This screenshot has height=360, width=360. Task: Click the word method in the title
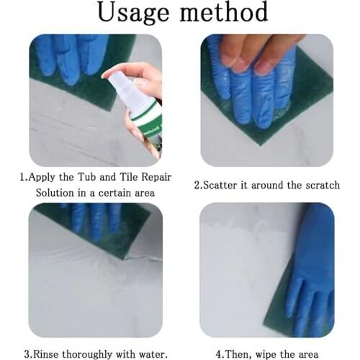click(x=222, y=13)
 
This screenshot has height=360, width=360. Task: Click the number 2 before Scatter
click(x=197, y=185)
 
